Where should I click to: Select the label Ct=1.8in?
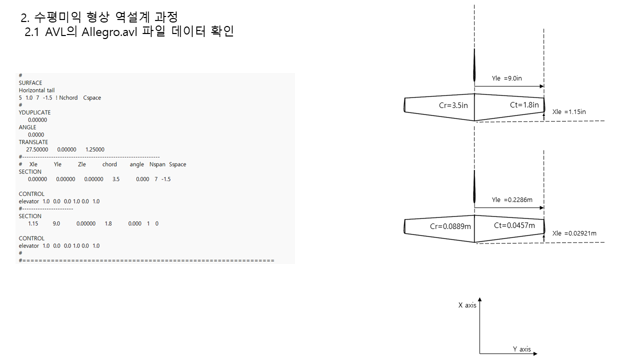[x=524, y=105]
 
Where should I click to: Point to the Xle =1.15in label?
[x=569, y=112]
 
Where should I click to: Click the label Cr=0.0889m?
[x=450, y=226]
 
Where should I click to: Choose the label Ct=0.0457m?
[x=514, y=225]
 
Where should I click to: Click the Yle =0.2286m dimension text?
[x=512, y=200]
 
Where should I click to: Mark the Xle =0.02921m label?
[x=574, y=233]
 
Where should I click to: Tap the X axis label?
[x=467, y=305]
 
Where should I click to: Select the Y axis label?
[x=522, y=349]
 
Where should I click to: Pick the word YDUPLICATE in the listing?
[x=34, y=112]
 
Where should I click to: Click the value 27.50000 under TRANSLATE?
[x=37, y=149]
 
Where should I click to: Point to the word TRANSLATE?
[x=33, y=142]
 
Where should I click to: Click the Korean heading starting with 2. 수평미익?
[x=99, y=17]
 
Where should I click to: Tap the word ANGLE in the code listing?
[x=27, y=127]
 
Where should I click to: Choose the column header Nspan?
[x=157, y=164]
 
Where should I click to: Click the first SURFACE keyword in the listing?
[x=30, y=83]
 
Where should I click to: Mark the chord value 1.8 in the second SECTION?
[x=108, y=223]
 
